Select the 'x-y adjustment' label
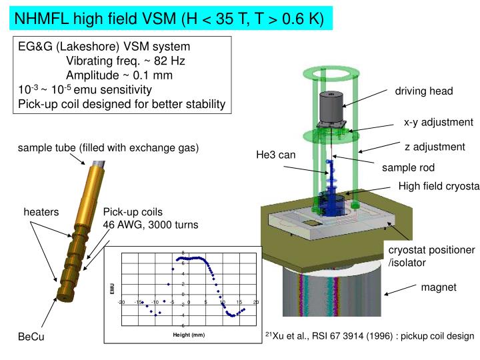coord(438,123)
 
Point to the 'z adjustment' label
coord(434,147)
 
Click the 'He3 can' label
coord(275,155)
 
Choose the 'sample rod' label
coord(408,167)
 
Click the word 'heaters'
coord(41,212)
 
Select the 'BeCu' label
coord(31,337)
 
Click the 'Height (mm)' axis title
coord(189,335)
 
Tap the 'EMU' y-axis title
coord(113,289)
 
